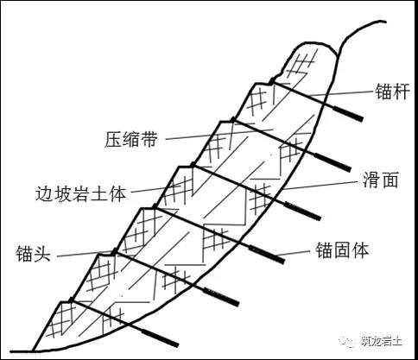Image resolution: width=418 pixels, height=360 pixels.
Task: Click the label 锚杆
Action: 392,92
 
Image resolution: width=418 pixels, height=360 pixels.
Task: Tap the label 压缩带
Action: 131,140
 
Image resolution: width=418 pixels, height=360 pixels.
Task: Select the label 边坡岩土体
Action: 81,193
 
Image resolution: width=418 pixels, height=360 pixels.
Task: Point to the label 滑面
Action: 380,180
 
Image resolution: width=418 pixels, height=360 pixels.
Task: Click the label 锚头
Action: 34,253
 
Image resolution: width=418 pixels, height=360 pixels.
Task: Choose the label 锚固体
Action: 342,250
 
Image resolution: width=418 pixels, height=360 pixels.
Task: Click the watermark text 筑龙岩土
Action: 382,342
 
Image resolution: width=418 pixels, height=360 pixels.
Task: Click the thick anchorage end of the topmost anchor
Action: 348,114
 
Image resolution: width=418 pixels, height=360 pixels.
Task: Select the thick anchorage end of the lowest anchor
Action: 160,338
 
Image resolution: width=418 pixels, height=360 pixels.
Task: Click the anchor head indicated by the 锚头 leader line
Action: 115,251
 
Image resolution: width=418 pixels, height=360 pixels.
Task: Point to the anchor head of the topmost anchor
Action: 271,81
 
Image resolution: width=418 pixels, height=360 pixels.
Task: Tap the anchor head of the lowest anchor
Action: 72,300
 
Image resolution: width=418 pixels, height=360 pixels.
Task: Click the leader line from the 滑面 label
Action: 319,186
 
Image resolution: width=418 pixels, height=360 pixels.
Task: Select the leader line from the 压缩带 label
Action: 219,135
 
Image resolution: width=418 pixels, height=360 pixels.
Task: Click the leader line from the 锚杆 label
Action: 341,93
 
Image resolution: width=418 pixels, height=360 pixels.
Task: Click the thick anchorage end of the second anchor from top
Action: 332,162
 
